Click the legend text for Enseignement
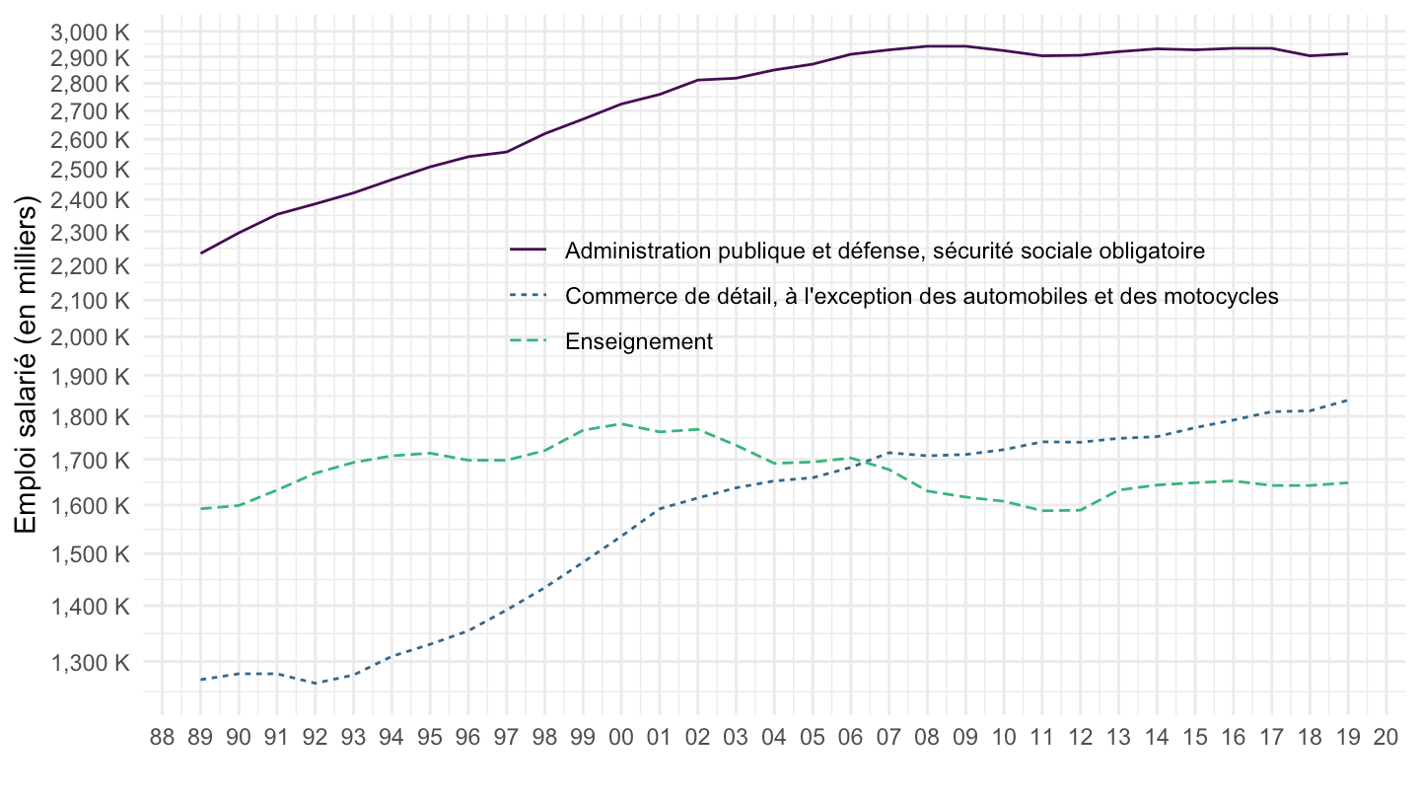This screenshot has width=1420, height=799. click(x=638, y=342)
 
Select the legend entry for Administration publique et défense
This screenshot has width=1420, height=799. click(x=885, y=251)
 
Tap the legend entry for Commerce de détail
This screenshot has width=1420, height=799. click(x=921, y=296)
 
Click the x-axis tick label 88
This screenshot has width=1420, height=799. click(x=163, y=738)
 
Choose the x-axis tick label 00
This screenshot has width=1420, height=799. click(x=621, y=738)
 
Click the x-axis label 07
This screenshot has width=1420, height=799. click(x=888, y=738)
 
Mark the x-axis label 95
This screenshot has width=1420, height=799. click(x=430, y=738)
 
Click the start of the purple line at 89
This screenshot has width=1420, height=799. click(x=201, y=254)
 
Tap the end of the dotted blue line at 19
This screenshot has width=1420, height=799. click(x=1348, y=400)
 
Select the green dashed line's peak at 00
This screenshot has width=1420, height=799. click(x=621, y=424)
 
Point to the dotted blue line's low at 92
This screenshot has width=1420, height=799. click(x=316, y=684)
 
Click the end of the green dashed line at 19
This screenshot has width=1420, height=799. click(x=1348, y=482)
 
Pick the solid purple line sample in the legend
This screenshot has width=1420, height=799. click(x=529, y=251)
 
